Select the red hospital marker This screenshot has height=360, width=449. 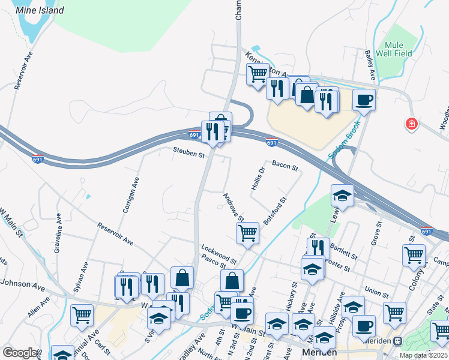(412, 124)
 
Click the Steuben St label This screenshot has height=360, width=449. (189, 154)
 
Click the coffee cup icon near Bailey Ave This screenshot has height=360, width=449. (363, 99)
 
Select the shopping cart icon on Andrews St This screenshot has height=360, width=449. (247, 232)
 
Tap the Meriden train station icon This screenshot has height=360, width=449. (397, 341)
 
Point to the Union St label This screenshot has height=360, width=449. (377, 293)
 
